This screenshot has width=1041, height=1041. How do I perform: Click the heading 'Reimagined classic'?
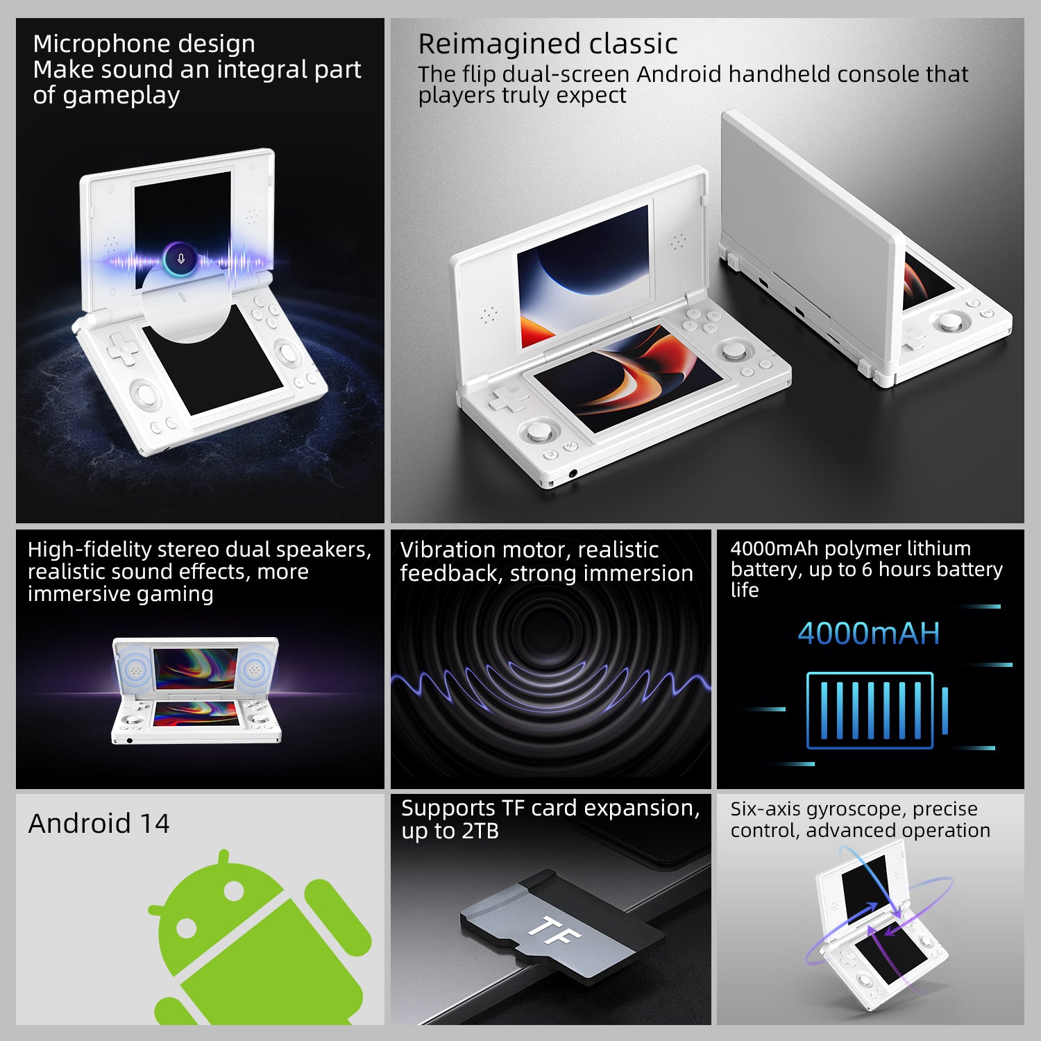547,44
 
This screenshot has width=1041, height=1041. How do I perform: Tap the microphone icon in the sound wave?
181,259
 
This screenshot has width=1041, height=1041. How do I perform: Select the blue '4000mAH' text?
868,633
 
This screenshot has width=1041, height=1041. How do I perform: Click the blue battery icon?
876,711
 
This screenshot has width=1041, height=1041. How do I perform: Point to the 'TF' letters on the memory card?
553,931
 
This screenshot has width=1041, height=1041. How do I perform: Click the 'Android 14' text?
99,824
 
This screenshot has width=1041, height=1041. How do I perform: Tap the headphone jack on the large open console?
573,474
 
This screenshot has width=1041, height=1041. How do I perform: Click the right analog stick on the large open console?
734,350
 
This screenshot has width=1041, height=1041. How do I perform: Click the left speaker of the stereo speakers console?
134,670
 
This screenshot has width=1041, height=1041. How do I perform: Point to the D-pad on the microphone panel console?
122,349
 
